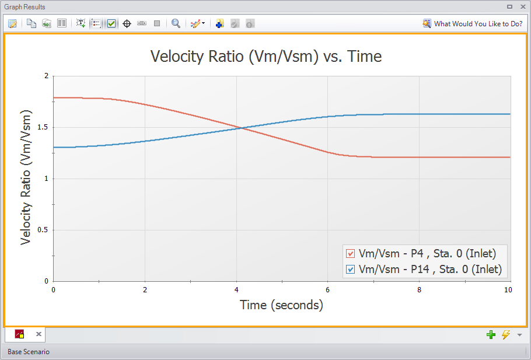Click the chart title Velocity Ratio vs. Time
[266, 57]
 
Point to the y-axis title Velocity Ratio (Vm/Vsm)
[26, 177]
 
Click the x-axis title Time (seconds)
[281, 305]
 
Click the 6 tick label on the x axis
[328, 289]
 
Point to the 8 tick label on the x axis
[419, 289]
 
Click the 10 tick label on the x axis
[508, 289]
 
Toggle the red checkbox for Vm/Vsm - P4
[351, 254]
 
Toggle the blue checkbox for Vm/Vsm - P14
[351, 270]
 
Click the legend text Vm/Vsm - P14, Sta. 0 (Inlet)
[430, 270]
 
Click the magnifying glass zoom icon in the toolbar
[176, 24]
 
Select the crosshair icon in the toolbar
[127, 24]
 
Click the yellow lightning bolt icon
[505, 334]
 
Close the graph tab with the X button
[39, 334]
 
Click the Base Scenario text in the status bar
[29, 352]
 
